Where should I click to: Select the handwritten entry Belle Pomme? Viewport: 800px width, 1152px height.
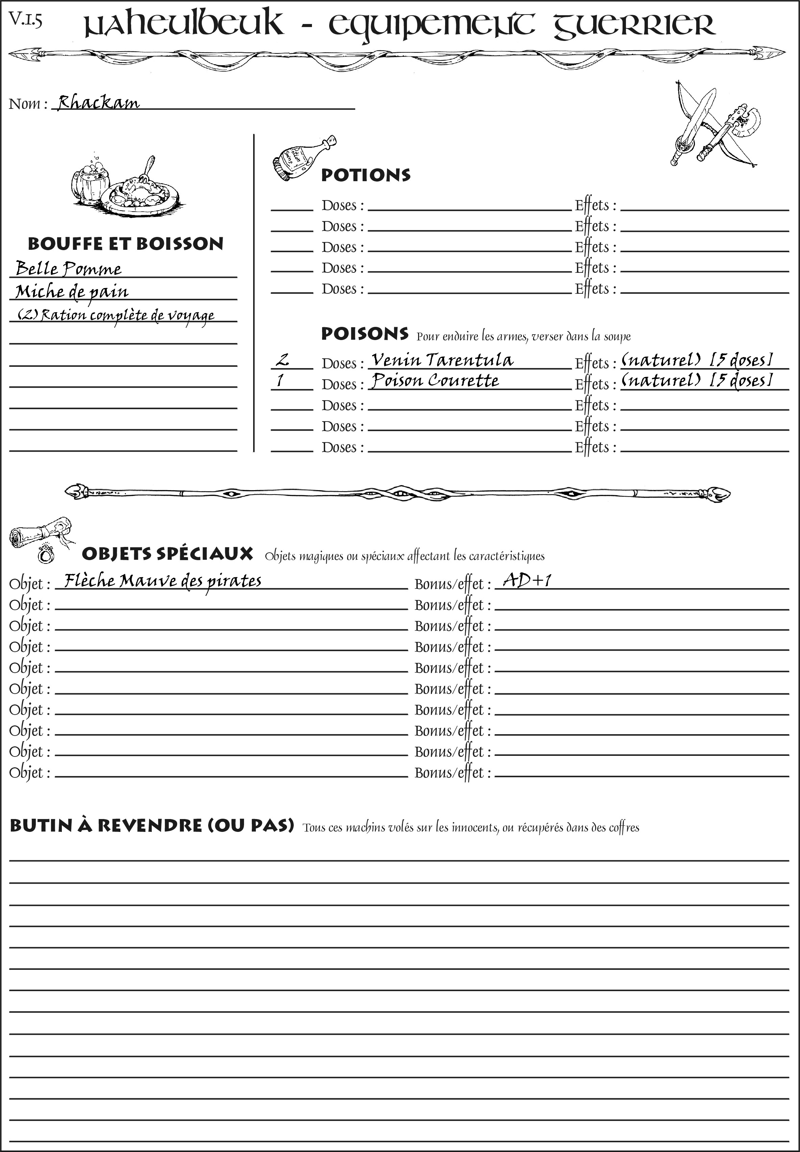[69, 269]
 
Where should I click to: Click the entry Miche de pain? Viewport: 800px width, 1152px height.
[72, 292]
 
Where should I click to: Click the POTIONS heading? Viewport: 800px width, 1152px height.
[365, 175]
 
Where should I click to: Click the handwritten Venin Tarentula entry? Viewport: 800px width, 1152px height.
[442, 360]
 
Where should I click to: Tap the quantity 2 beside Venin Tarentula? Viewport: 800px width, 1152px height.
[283, 359]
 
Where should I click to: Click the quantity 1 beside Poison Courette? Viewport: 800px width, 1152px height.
[280, 381]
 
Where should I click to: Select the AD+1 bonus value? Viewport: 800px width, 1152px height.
[527, 580]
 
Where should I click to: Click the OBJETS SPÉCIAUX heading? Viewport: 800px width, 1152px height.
[167, 554]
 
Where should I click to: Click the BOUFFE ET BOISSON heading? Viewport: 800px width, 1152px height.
[125, 244]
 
